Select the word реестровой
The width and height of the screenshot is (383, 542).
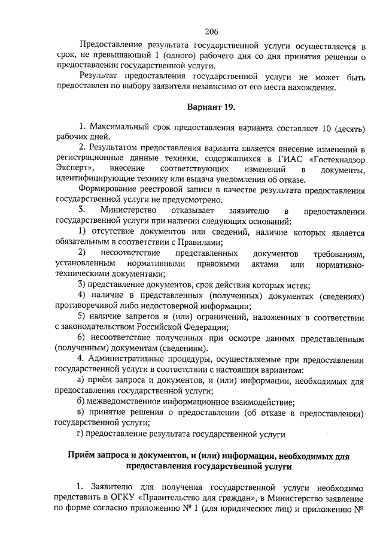tap(164, 192)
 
